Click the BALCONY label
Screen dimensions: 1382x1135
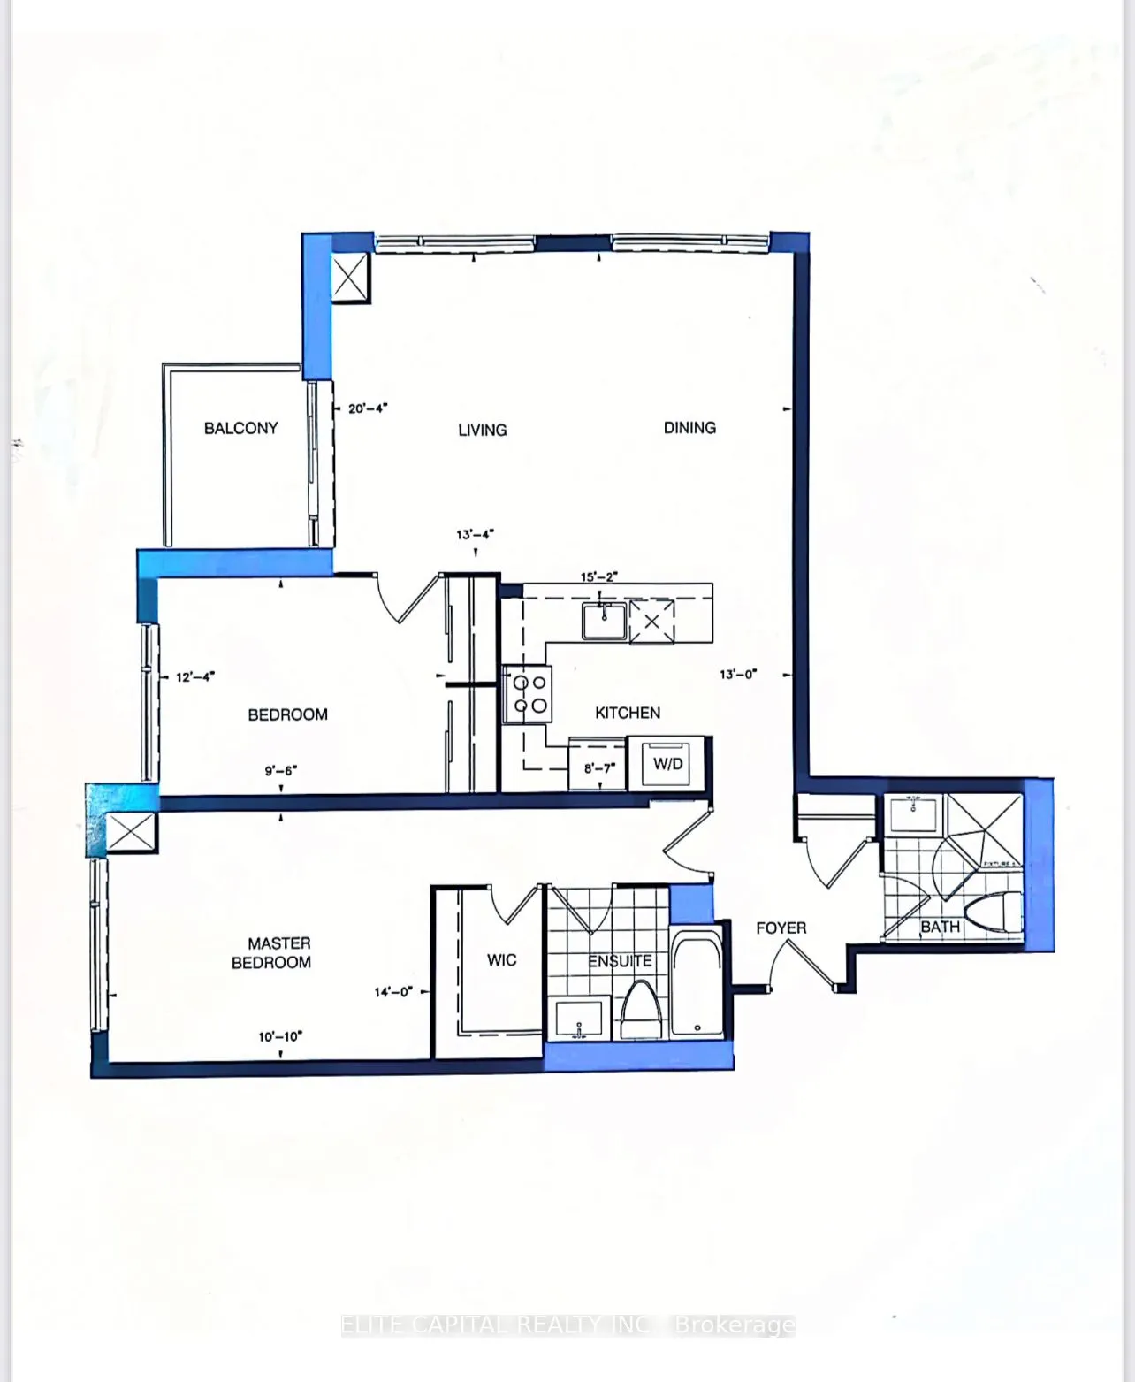[x=240, y=428]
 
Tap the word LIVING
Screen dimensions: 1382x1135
[x=482, y=430]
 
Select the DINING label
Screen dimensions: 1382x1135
[x=689, y=428]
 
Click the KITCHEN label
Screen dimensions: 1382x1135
[x=628, y=713]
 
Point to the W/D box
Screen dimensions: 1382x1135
[x=668, y=763]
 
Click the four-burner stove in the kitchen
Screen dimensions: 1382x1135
[x=528, y=693]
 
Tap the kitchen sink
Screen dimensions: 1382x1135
[x=604, y=621]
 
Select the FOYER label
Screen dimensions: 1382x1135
[x=781, y=928]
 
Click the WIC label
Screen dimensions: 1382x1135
[x=501, y=960]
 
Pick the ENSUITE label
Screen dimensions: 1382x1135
[x=621, y=961]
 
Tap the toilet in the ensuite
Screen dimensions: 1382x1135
[x=643, y=1011]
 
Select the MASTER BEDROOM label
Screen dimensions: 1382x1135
[x=271, y=953]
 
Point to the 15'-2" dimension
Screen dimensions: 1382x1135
[x=598, y=576]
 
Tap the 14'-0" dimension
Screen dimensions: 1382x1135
[x=393, y=992]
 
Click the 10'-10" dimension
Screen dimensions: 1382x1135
[x=280, y=1036]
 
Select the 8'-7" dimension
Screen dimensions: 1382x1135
[x=598, y=768]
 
